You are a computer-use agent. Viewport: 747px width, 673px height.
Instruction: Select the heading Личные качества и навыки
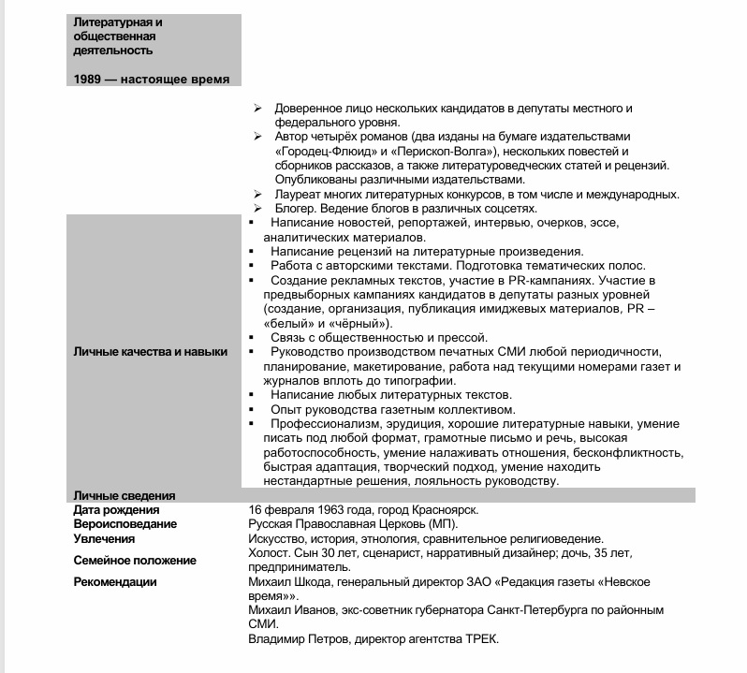(x=150, y=352)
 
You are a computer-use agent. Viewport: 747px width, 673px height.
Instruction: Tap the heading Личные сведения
(x=124, y=495)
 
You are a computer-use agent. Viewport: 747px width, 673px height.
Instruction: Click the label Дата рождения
(x=116, y=510)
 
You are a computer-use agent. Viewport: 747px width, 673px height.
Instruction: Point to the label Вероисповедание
(x=124, y=524)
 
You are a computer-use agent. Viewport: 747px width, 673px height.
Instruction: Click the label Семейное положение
(x=135, y=561)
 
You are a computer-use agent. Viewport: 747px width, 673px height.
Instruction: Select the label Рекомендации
(x=115, y=582)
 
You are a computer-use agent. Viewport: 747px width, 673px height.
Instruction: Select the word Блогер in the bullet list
(x=297, y=209)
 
